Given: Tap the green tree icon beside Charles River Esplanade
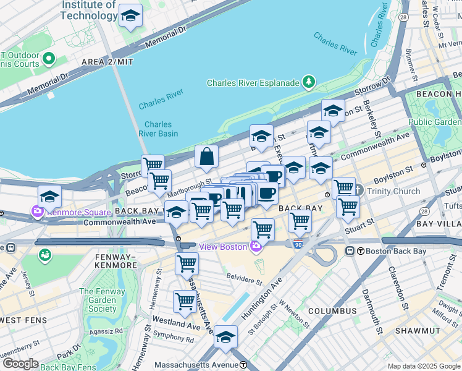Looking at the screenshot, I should (308, 82).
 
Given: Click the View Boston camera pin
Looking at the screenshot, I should (256, 247).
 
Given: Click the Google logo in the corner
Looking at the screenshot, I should (20, 364).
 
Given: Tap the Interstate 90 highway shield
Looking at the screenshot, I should (298, 245).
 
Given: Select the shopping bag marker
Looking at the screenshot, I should (206, 157).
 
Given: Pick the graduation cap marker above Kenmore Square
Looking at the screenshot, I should (49, 197).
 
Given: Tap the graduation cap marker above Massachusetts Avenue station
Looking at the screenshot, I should (226, 337).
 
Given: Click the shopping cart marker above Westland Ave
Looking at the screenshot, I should (185, 302).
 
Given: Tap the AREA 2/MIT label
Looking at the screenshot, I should (106, 62).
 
